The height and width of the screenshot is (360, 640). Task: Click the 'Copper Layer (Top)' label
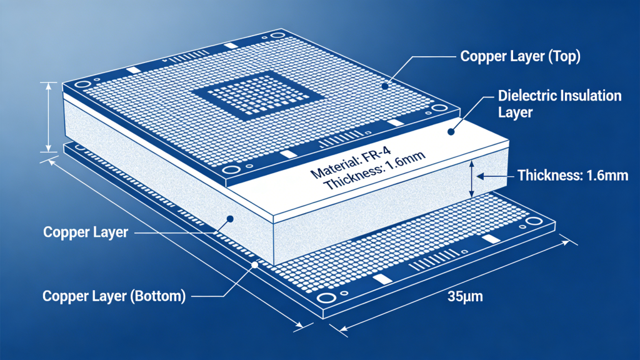521,57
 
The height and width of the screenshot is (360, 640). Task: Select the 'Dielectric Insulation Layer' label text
559,104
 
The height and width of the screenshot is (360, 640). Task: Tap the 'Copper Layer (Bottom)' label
114,296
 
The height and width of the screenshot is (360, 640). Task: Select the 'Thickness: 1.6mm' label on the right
572,176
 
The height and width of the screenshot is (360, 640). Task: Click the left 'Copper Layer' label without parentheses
86,232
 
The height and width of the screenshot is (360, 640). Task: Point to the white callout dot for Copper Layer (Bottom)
254,265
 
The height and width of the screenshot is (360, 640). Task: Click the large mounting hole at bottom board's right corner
535,222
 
